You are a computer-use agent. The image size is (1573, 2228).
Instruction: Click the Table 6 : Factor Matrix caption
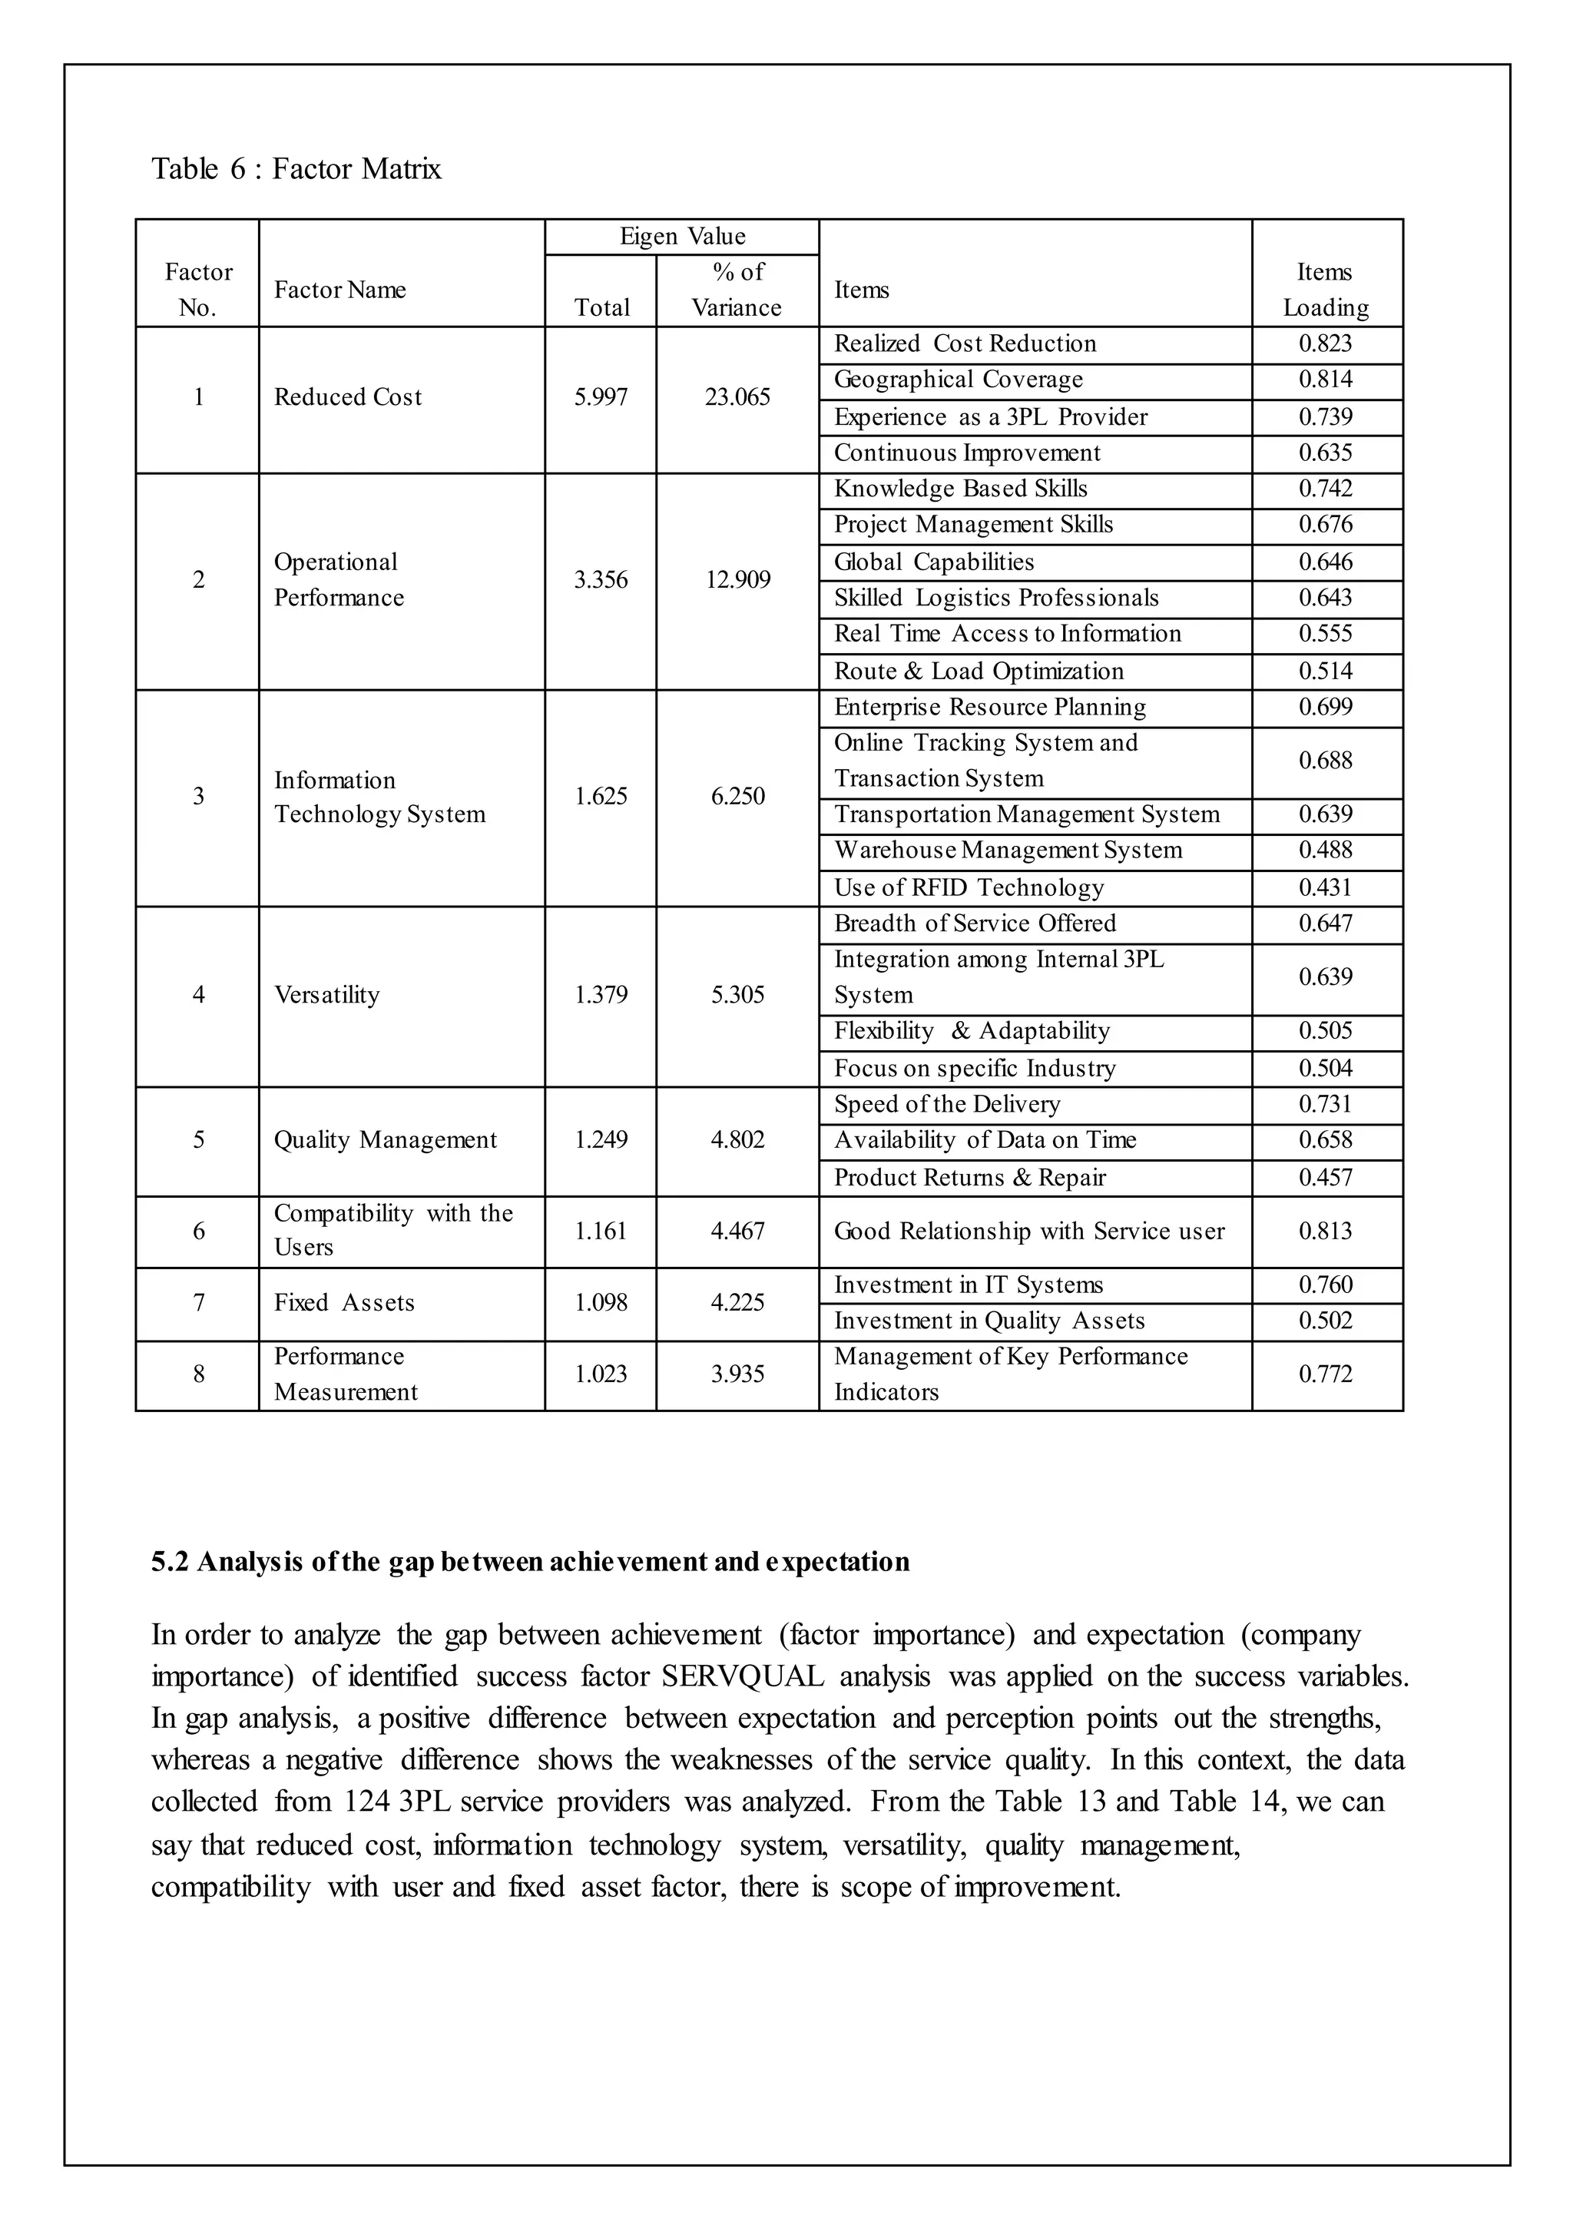296,169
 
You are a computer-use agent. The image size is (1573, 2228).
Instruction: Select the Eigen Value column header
682,236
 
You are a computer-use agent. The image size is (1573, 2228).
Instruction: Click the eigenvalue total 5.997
601,397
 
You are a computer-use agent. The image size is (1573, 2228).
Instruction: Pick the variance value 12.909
737,579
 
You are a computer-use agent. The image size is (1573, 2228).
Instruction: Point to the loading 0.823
1326,343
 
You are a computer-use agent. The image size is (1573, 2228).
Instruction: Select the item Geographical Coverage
958,380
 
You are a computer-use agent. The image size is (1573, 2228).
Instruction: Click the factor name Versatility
327,995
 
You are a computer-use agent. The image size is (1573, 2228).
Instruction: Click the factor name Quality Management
386,1139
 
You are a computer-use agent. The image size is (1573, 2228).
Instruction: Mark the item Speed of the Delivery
947,1103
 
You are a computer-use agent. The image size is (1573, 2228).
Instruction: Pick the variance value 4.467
737,1231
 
